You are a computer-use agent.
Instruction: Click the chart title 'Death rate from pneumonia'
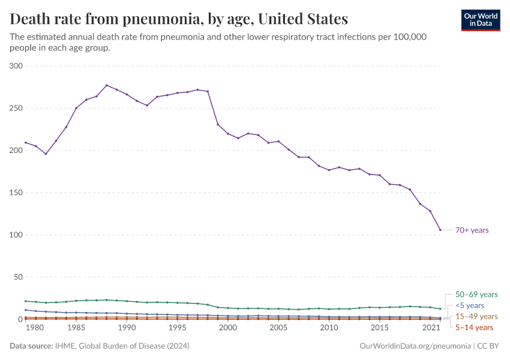pos(179,19)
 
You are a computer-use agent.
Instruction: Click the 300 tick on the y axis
pos(16,66)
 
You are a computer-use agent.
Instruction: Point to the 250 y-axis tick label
pos(16,108)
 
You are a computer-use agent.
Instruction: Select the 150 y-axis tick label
pos(16,193)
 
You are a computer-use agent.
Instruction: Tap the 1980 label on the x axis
pos(35,328)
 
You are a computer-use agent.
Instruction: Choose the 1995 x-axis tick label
pos(177,328)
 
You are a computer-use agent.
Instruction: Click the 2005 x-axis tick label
pos(278,328)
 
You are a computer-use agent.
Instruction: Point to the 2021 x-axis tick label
pos(430,328)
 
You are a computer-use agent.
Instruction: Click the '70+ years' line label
pos(472,230)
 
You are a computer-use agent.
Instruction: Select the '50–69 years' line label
pos(476,295)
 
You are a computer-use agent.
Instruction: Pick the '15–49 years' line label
pos(476,316)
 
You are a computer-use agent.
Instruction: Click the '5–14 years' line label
pos(474,327)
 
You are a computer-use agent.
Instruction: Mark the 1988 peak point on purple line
pos(106,85)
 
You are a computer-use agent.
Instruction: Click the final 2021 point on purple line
pos(440,230)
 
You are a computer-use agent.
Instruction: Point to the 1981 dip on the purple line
pos(46,154)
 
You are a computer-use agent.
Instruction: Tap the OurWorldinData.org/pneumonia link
pos(415,346)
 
